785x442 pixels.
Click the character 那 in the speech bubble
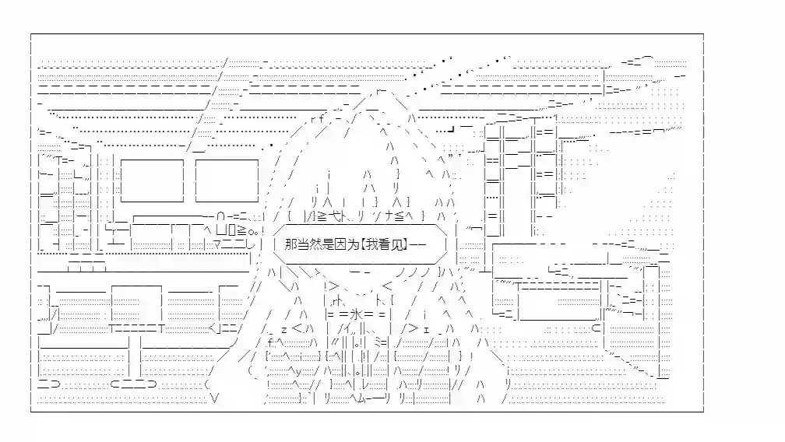click(291, 244)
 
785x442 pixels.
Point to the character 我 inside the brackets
click(371, 244)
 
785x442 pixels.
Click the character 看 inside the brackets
click(385, 244)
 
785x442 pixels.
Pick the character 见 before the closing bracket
click(397, 244)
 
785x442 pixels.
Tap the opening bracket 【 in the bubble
click(363, 244)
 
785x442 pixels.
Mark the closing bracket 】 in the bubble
click(406, 244)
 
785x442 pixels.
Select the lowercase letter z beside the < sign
click(283, 329)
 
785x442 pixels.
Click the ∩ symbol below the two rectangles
click(220, 216)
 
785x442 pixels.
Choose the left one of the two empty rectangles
click(152, 181)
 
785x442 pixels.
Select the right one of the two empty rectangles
click(227, 181)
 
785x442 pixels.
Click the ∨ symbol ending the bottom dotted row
click(215, 398)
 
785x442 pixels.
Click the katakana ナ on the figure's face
click(389, 216)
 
